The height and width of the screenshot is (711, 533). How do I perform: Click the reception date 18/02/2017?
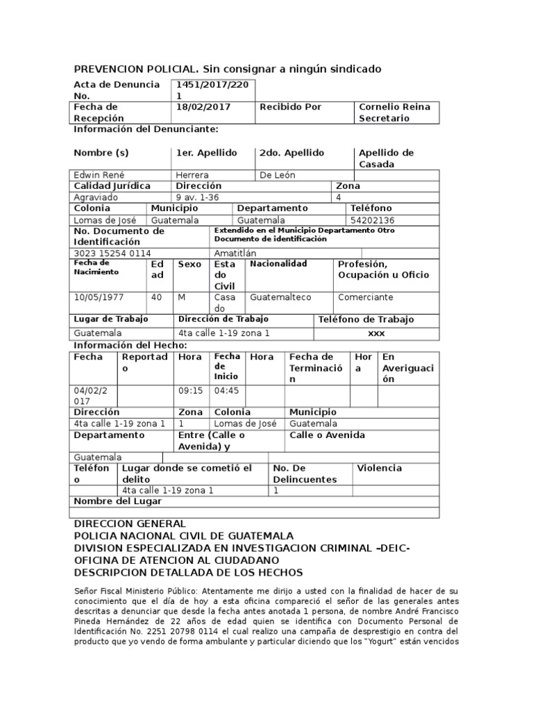[x=203, y=107]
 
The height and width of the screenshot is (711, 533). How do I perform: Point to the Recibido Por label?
[x=290, y=107]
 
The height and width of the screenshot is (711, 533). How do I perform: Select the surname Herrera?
[x=192, y=175]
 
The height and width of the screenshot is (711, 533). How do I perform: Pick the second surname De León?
[x=277, y=175]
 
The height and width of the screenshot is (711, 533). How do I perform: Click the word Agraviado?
[x=96, y=197]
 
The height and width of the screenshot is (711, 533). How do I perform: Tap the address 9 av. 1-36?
[x=198, y=197]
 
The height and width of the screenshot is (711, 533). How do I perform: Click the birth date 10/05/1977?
[x=99, y=297]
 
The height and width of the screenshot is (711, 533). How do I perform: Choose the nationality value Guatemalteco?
[x=280, y=297]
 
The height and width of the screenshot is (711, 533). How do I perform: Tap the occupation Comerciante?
[x=365, y=297]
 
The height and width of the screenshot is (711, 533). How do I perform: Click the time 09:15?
[x=190, y=390]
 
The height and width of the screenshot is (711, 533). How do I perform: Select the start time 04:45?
[x=226, y=390]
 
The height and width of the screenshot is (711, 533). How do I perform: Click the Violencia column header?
[x=379, y=468]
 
